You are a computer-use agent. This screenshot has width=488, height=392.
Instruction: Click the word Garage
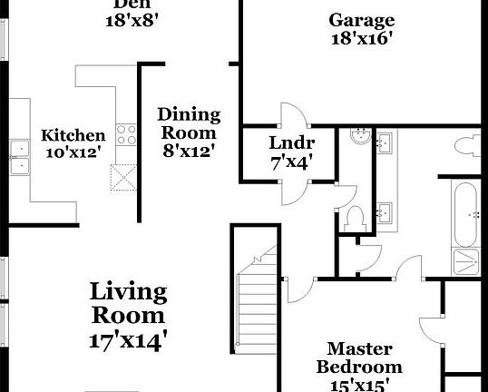(361, 20)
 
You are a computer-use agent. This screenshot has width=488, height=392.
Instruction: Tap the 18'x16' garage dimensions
(361, 39)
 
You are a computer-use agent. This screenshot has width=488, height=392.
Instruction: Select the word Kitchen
(73, 135)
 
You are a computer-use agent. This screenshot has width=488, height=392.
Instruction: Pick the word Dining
(189, 114)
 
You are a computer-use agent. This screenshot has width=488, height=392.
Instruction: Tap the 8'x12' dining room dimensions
(189, 152)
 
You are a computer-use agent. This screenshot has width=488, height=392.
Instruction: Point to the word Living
(128, 292)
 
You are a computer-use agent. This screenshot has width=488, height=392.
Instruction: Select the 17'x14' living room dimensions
(128, 340)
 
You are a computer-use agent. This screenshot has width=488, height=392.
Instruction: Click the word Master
(359, 348)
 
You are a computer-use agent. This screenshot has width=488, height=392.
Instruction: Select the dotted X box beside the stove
(122, 177)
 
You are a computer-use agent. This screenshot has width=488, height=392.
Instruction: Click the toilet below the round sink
(357, 215)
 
